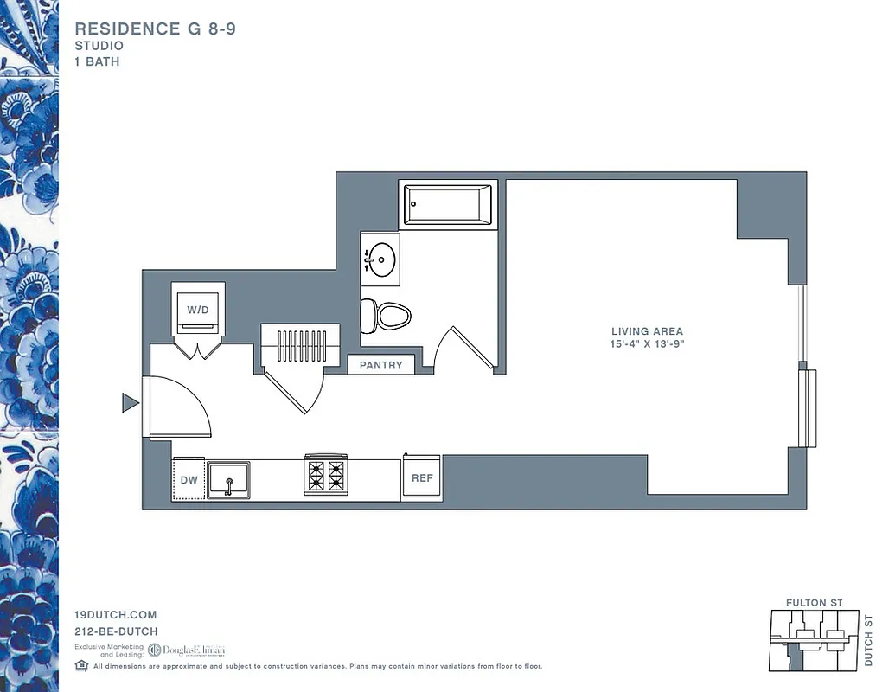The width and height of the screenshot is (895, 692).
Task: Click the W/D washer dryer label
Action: click(x=198, y=308)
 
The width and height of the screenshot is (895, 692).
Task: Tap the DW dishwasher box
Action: click(x=189, y=479)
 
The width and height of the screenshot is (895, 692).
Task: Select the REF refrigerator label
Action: click(x=422, y=478)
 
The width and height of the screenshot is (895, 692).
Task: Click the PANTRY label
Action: click(x=381, y=365)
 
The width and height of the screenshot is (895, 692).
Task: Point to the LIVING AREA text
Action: click(x=647, y=331)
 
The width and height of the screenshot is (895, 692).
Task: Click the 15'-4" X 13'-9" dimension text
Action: click(x=647, y=344)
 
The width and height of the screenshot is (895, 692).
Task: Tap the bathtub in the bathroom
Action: click(x=448, y=205)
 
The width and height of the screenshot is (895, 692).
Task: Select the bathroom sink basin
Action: click(x=382, y=258)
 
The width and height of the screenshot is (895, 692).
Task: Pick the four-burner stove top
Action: click(x=325, y=476)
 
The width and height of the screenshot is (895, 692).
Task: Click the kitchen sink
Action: click(x=227, y=479)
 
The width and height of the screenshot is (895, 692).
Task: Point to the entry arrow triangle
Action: click(x=130, y=402)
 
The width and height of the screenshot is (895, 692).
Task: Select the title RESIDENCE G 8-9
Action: click(x=156, y=29)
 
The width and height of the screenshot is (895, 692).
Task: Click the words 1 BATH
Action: click(x=97, y=62)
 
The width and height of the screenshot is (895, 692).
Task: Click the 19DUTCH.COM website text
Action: click(x=116, y=615)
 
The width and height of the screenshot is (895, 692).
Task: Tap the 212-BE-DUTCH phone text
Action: click(x=116, y=631)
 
